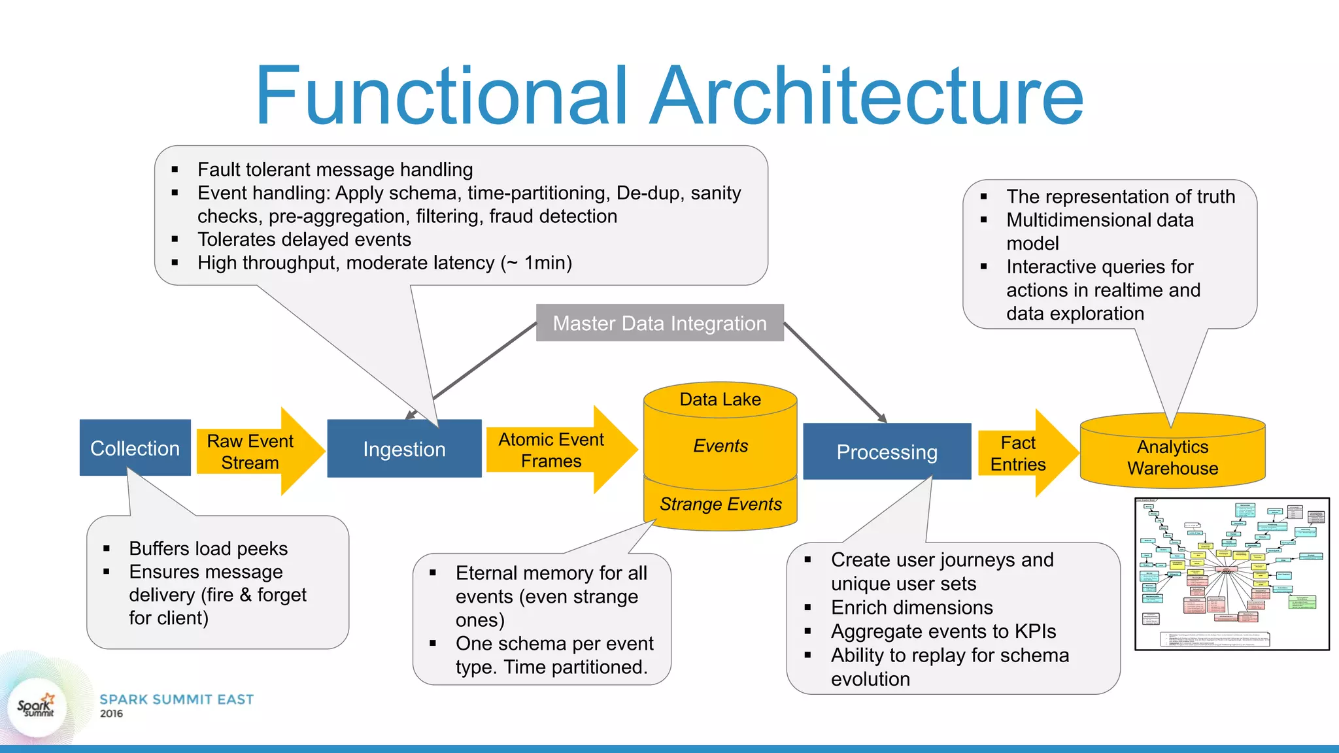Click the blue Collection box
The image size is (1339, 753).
[x=135, y=448]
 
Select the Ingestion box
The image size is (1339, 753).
[x=404, y=450]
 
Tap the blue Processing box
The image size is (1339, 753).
[x=887, y=452]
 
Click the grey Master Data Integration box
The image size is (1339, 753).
[x=660, y=323]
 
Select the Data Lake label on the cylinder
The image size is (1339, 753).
[x=720, y=399]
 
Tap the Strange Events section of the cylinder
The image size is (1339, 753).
[x=720, y=504]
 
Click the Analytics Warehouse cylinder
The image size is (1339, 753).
[x=1172, y=457]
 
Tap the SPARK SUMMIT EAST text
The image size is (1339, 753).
[x=177, y=699]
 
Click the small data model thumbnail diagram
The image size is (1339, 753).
[x=1232, y=574]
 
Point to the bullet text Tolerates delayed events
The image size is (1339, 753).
[x=304, y=239]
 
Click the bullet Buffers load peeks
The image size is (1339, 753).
[x=208, y=548]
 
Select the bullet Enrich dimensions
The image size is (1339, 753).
[x=911, y=607]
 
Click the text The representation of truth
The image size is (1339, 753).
[x=1120, y=196]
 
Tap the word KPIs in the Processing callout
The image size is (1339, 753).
[x=1035, y=631]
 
